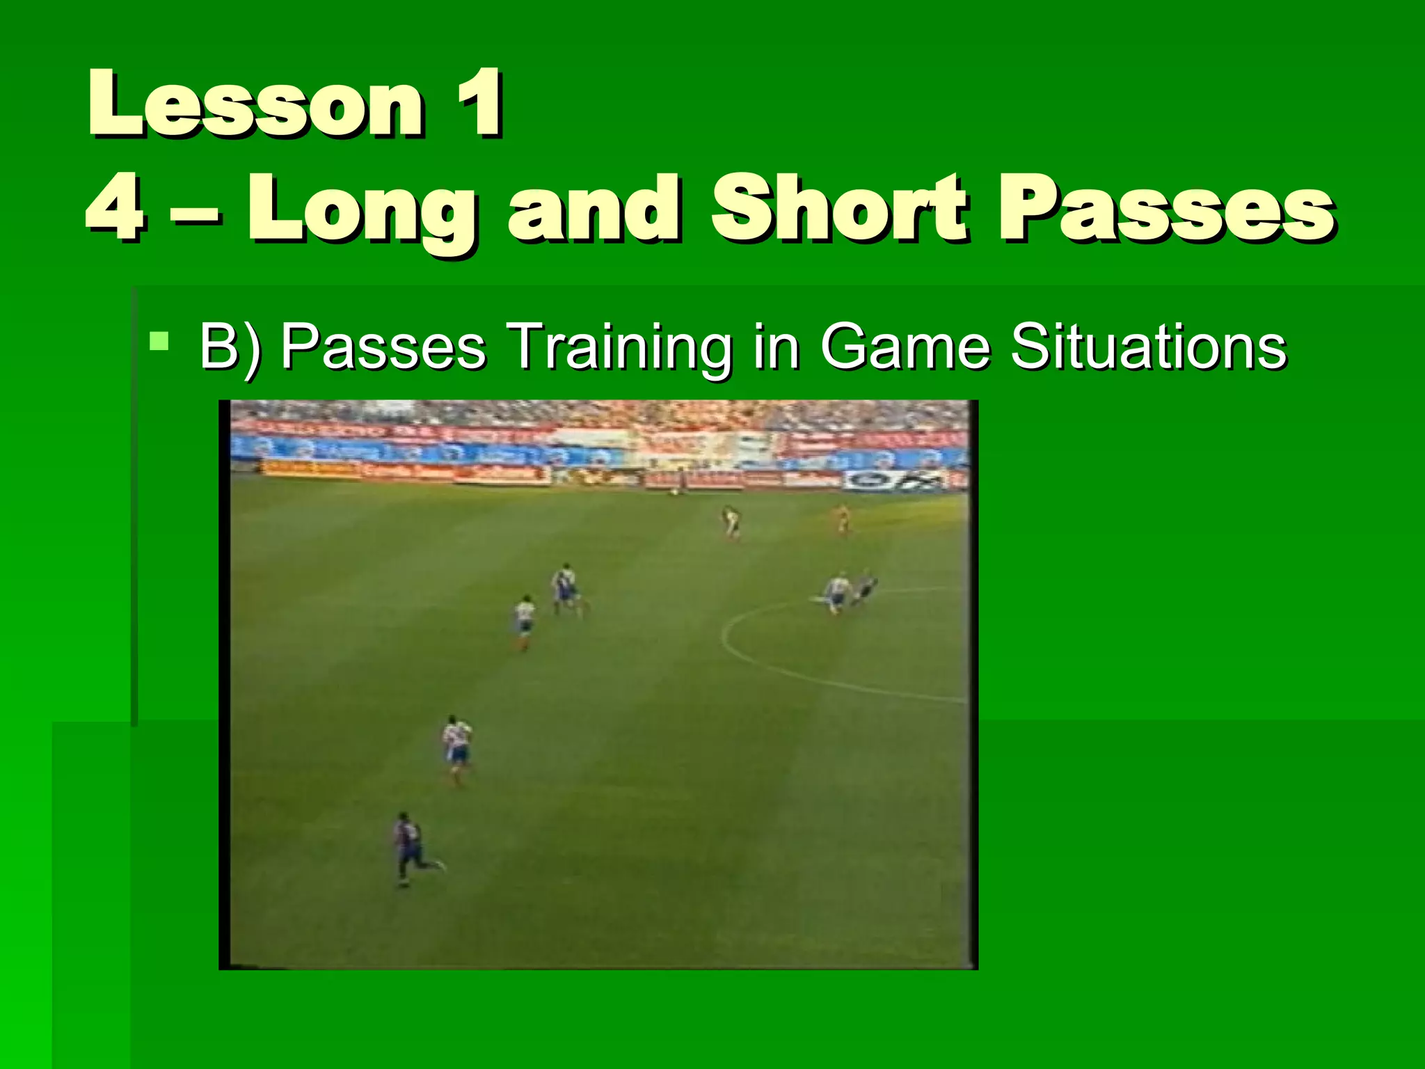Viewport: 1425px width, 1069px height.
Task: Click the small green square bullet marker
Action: coord(159,342)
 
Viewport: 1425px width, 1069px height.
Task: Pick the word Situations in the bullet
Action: coord(1148,347)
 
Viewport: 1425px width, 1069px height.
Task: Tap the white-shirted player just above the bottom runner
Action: coord(457,748)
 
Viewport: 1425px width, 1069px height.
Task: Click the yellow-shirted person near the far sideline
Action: coord(842,518)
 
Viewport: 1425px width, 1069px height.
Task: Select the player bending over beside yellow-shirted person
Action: coord(731,522)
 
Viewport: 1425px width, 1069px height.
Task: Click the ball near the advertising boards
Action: coord(674,492)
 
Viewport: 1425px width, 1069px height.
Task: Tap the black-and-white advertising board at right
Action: coord(896,480)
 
